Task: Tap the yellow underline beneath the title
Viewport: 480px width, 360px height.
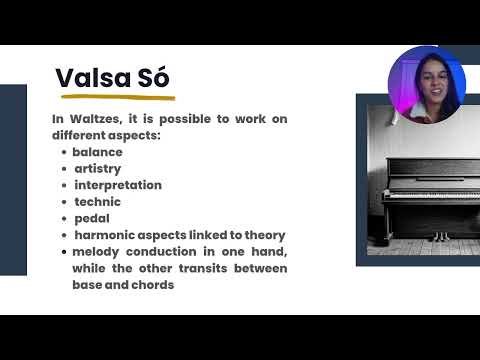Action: tap(117, 98)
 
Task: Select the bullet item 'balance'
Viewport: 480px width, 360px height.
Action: tap(97, 152)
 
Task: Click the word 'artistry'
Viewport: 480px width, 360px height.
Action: tap(97, 169)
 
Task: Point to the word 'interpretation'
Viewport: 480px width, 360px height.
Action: tap(117, 185)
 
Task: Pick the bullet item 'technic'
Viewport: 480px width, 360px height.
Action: tap(97, 202)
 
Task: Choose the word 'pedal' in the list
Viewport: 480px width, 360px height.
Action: tap(91, 218)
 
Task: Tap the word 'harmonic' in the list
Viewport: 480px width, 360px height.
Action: tap(103, 235)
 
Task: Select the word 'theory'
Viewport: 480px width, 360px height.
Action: tap(264, 235)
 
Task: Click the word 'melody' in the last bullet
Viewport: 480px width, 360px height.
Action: tap(96, 252)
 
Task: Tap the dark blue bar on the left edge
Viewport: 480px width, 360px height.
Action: tap(13, 180)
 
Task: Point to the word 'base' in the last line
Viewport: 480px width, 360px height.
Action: tap(88, 285)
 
